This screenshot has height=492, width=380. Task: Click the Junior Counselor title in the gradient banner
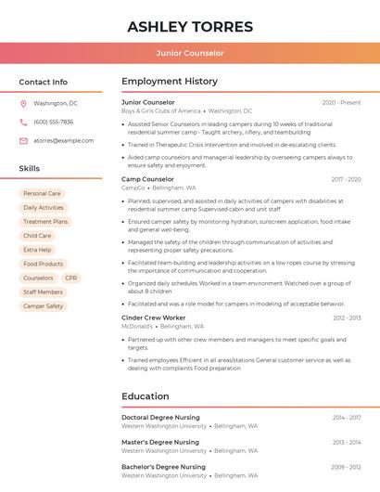(190, 54)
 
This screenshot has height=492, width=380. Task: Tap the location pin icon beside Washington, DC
(23, 103)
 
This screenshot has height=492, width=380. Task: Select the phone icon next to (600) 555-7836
(23, 122)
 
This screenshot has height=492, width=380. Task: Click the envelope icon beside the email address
(23, 140)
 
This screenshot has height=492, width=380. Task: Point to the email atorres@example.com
(64, 140)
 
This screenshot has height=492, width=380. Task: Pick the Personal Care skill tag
(42, 194)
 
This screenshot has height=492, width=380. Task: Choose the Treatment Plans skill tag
(45, 222)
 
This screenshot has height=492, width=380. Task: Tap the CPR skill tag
(71, 278)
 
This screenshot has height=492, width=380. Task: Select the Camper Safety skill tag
(44, 305)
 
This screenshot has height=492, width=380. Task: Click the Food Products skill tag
(44, 264)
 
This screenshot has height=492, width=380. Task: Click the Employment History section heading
(170, 82)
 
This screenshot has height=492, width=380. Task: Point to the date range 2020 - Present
(341, 102)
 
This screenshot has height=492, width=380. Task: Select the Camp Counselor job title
(147, 179)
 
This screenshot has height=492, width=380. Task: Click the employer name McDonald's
(137, 326)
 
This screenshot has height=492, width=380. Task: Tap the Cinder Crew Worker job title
(153, 317)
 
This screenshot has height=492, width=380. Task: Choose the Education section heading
(145, 396)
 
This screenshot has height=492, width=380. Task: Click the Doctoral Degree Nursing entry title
(161, 418)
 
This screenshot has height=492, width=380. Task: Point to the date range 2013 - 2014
(347, 443)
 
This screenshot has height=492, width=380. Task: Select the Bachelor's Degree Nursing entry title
(163, 467)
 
